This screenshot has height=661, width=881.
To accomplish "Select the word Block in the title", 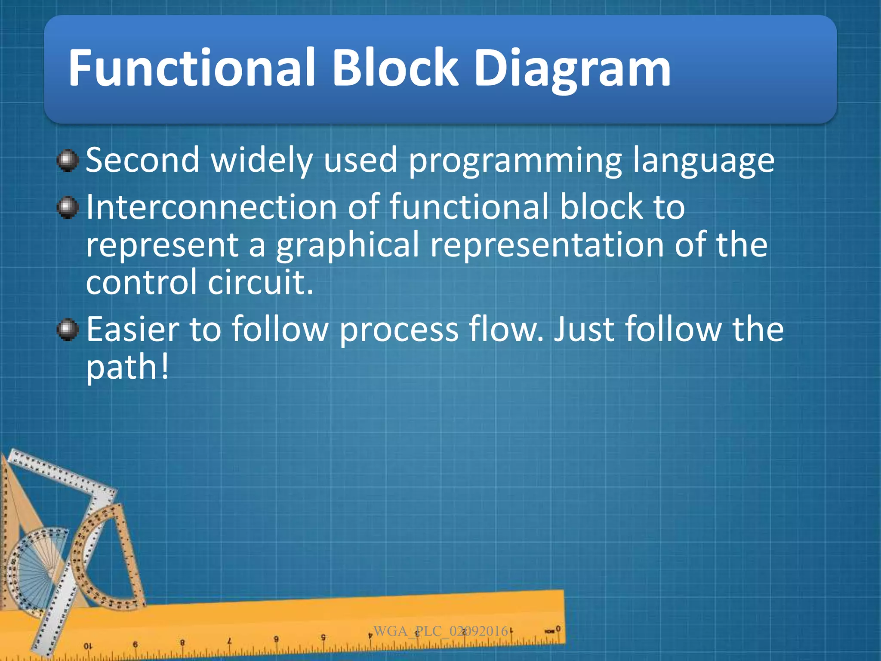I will point(395,68).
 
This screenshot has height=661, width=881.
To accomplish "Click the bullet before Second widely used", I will point(68,161).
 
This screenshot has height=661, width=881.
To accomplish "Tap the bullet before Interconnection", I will point(68,208).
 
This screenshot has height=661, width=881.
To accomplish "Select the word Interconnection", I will point(211,207).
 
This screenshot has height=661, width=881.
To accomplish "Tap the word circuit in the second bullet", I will point(260,282).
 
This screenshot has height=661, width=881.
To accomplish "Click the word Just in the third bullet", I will point(584,329).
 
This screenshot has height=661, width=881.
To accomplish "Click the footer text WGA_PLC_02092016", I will point(440,631).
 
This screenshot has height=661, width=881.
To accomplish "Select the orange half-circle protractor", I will point(108,559).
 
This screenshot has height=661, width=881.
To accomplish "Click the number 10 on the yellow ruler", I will point(87,646).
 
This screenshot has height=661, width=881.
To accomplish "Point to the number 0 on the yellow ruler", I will point(558,629).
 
